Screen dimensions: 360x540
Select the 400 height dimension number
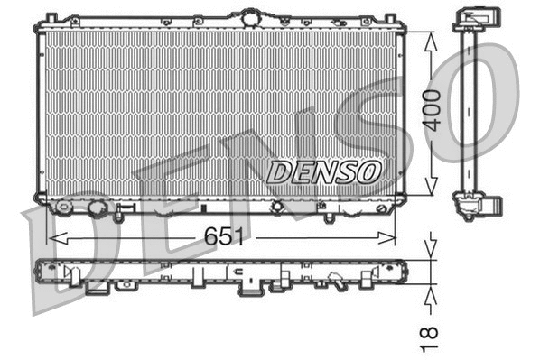[x=433, y=110]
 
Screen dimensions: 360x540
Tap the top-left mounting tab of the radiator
[x=51, y=18]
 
